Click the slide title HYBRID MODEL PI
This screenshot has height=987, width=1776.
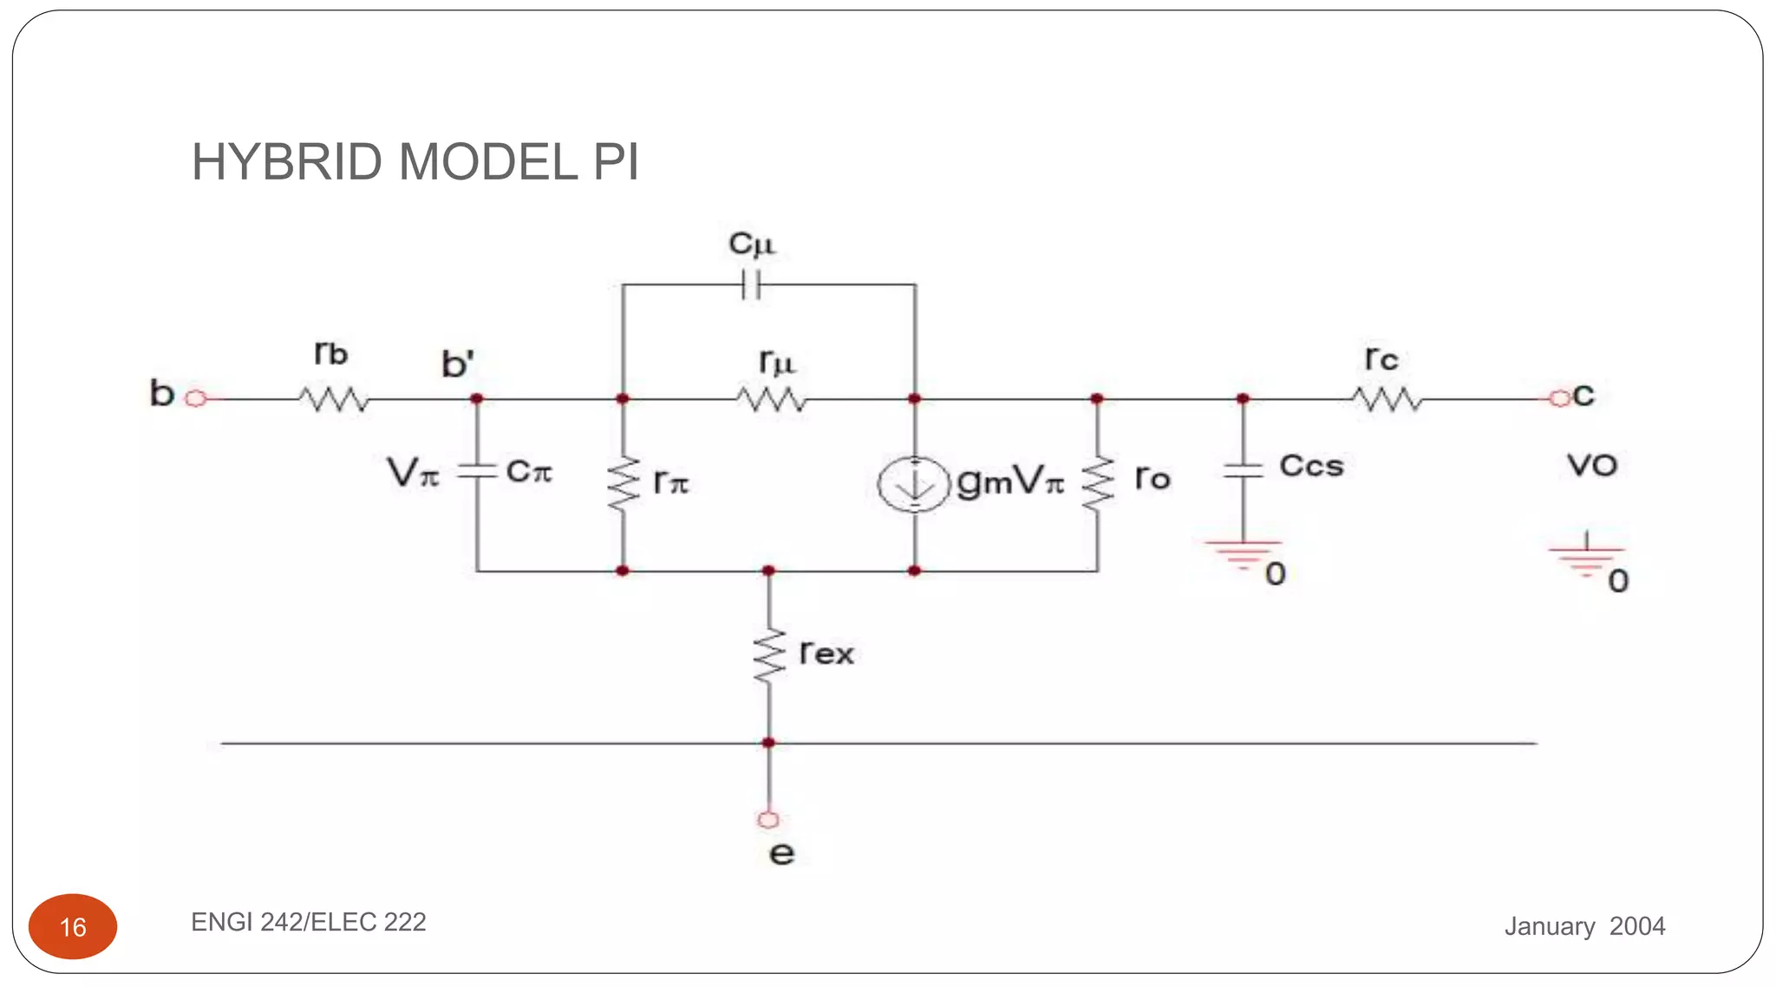[x=415, y=162]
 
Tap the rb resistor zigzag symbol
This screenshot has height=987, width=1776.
[x=334, y=400]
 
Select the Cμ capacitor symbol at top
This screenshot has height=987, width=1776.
[x=752, y=284]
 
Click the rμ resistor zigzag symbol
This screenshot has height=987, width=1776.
[x=771, y=400]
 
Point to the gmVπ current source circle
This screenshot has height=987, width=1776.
[x=914, y=484]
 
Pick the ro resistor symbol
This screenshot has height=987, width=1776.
[x=1098, y=484]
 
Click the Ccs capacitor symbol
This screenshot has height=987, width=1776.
[x=1243, y=471]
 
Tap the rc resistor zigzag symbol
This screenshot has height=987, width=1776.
[x=1387, y=400]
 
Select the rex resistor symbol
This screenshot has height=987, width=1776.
[x=768, y=657]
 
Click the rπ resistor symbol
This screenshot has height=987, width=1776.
[x=623, y=484]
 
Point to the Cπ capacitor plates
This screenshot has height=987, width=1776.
[x=476, y=471]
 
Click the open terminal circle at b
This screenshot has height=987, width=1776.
[x=197, y=399]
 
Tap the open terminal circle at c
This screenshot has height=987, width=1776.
[x=1560, y=398]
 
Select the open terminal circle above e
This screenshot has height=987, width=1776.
[x=768, y=820]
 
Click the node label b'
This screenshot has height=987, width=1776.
[x=457, y=364]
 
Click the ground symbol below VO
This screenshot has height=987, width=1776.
[x=1586, y=558]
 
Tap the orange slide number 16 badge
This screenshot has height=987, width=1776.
[x=73, y=926]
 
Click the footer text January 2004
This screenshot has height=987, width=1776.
[x=1584, y=926]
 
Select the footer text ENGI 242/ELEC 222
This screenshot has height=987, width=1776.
[x=308, y=922]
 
